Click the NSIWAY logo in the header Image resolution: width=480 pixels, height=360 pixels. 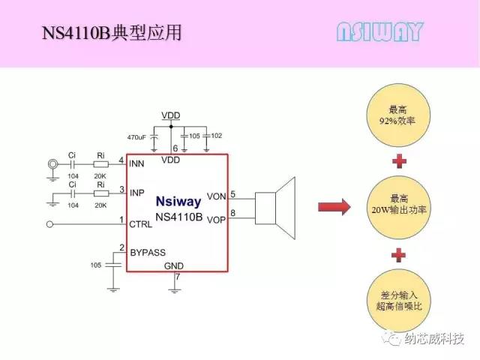pyautogui.click(x=379, y=31)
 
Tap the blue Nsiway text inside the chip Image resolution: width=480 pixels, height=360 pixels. pyautogui.click(x=178, y=201)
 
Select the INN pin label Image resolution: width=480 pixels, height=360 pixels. pyautogui.click(x=137, y=163)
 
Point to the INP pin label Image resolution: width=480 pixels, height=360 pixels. pyautogui.click(x=137, y=193)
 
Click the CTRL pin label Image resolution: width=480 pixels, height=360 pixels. pyautogui.click(x=141, y=223)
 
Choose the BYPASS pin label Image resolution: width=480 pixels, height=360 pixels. pyautogui.click(x=148, y=253)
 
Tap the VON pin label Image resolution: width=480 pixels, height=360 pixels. pyautogui.click(x=216, y=196)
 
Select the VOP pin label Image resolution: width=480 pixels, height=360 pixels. pyautogui.click(x=216, y=220)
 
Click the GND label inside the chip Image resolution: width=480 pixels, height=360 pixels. pyautogui.click(x=173, y=266)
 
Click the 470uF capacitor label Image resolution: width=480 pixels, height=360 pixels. pyautogui.click(x=137, y=138)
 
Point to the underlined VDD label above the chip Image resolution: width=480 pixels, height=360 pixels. pyautogui.click(x=171, y=115)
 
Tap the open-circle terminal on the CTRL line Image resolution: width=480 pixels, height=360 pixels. pyautogui.click(x=49, y=223)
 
